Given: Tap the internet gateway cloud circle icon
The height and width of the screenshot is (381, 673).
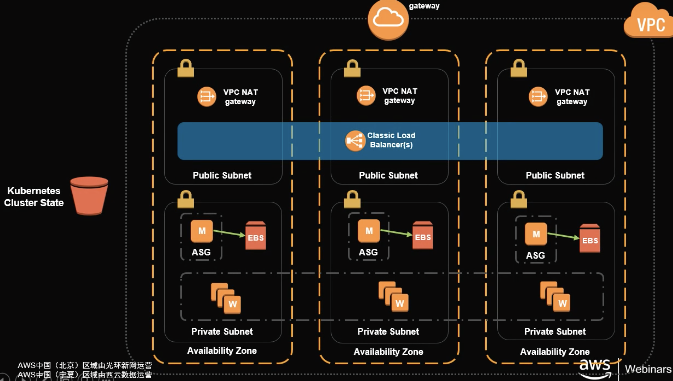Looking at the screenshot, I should (388, 19).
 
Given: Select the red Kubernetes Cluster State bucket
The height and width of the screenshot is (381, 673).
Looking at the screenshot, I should (89, 196).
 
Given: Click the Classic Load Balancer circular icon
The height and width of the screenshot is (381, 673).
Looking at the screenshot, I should (355, 141).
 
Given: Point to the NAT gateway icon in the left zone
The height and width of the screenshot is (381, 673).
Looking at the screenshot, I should (207, 97).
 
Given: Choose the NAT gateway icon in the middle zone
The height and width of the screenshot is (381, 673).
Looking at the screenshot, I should (366, 96).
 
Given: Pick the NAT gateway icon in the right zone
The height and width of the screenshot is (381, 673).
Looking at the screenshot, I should (538, 97).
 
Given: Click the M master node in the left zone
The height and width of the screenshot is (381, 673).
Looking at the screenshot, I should (202, 231).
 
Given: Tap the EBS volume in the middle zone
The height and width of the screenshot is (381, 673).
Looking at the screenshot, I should (423, 235).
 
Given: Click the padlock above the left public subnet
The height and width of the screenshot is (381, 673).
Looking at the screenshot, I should (186, 69).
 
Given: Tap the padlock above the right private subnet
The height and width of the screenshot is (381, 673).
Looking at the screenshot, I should (519, 200).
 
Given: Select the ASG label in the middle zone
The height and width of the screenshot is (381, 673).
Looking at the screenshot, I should (368, 252).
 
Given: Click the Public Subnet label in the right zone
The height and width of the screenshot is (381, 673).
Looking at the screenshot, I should (555, 175).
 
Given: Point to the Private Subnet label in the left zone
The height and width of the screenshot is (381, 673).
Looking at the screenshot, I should (222, 331).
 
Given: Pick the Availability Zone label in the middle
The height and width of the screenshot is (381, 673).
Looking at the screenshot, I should (388, 352).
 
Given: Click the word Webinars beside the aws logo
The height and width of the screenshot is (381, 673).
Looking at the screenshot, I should (648, 369).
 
